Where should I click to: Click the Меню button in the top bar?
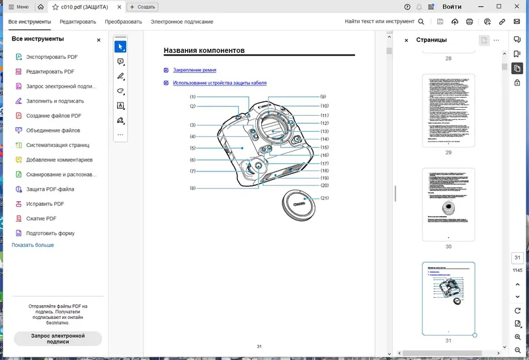tap(18, 7)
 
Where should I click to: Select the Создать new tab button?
tap(142, 7)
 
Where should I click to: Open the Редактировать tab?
tap(78, 22)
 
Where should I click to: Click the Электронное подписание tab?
tap(182, 22)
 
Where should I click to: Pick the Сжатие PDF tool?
tap(41, 218)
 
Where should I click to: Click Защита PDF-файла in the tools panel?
tap(50, 189)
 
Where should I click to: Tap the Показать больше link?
tap(32, 245)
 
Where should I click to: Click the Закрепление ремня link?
tap(194, 70)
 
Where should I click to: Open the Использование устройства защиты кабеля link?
tap(220, 83)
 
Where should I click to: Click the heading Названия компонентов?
tap(204, 50)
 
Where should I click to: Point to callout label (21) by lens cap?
tap(324, 199)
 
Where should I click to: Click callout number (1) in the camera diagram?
tap(192, 97)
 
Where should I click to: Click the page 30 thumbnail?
tap(448, 204)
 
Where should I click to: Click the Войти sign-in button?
tap(452, 7)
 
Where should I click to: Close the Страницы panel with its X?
tap(406, 40)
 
